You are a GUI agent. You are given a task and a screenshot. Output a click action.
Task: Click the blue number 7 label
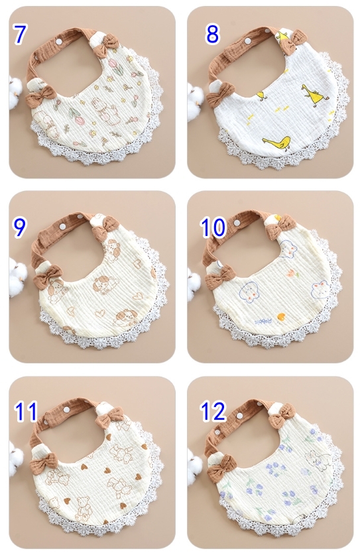(20, 34)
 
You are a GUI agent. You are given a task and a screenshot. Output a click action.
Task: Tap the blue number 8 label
(212, 34)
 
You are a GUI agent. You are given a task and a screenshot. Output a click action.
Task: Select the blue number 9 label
(19, 227)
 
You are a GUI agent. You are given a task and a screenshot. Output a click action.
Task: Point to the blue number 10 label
(213, 227)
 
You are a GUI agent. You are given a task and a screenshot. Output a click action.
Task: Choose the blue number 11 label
(25, 411)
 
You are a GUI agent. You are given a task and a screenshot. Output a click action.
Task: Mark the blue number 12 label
(213, 411)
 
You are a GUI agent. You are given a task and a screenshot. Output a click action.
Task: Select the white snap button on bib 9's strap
(63, 225)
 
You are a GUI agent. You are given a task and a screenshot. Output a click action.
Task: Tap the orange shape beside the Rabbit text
(282, 316)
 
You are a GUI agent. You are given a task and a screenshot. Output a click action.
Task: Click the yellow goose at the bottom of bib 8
(277, 143)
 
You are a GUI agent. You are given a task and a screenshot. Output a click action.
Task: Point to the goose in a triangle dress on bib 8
(310, 94)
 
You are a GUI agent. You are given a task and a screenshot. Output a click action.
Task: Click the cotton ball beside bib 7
(13, 92)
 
